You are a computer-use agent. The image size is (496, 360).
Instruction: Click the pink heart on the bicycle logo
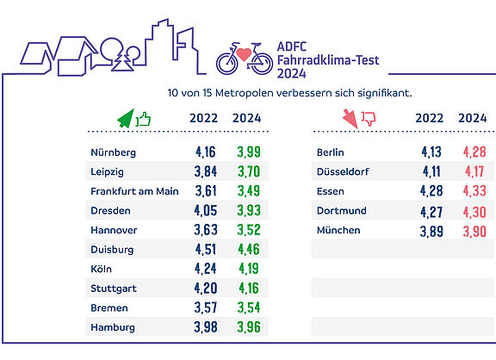pos(244,54)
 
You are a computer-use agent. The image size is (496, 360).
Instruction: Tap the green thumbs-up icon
pos(143,120)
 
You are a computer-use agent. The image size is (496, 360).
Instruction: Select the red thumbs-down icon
pos(369,119)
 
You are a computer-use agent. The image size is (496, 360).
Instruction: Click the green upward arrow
pos(127,119)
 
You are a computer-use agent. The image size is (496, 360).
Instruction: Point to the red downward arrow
pos(350,119)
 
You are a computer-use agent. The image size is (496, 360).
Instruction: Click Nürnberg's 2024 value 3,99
pos(249,152)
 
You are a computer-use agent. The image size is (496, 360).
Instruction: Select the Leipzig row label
pos(107,172)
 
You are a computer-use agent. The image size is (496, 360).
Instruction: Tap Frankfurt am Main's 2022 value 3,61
pos(206,191)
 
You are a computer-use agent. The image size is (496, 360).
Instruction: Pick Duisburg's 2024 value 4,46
pos(249,249)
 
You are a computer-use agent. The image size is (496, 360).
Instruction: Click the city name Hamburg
pos(113,327)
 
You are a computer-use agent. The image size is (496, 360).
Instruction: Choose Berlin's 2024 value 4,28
pos(474,152)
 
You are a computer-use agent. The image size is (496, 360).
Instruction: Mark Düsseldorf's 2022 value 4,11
pos(431,171)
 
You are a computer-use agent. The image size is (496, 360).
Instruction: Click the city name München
pos(338,230)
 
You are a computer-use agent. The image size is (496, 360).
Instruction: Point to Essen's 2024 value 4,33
pos(474,191)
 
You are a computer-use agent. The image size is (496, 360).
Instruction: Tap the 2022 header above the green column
pos(204,118)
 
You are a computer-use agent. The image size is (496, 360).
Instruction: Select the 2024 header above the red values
pos(473,118)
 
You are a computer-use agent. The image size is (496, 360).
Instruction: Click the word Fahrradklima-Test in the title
pos(328,60)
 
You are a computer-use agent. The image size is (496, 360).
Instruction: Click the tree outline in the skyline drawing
pos(122,62)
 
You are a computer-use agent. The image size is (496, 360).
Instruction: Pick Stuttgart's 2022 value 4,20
pos(206,289)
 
